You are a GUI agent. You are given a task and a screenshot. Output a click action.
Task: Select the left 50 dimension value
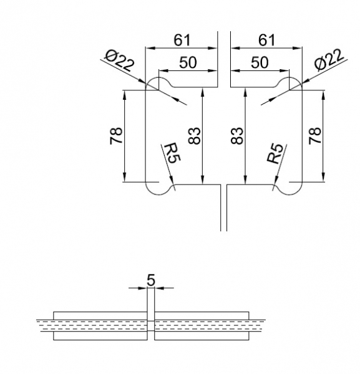[x=189, y=62]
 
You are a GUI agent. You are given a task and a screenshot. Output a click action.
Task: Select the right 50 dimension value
[x=260, y=62]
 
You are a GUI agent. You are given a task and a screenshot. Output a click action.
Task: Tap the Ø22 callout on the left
[x=120, y=62]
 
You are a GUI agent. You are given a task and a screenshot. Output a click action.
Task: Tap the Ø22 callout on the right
[x=328, y=62]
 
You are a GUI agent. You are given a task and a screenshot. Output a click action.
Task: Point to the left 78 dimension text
[x=116, y=136]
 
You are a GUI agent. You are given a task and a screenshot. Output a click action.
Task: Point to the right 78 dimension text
[x=315, y=136]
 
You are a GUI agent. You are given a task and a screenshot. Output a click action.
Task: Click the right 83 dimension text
[x=236, y=136]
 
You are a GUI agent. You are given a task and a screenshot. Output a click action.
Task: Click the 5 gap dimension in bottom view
[x=150, y=280]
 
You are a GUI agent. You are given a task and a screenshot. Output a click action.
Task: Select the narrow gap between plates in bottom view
[x=150, y=322]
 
